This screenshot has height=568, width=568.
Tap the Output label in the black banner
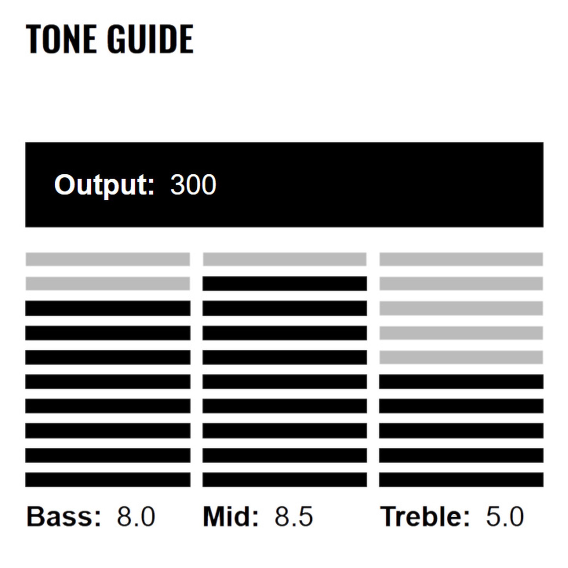[x=104, y=185]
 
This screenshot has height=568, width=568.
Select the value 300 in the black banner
[x=193, y=185]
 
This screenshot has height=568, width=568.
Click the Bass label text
[x=64, y=517]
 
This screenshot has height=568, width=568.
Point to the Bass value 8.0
[x=136, y=517]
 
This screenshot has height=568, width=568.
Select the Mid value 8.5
[x=294, y=517]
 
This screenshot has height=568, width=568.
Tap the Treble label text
[x=425, y=517]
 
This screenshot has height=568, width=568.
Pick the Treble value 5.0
[x=504, y=517]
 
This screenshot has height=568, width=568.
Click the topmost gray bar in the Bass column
[x=108, y=259]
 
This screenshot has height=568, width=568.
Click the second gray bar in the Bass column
[x=108, y=284]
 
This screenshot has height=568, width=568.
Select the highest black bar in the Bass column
[x=108, y=308]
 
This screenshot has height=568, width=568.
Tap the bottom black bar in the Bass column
[x=108, y=480]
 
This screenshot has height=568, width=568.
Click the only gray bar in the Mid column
[x=284, y=259]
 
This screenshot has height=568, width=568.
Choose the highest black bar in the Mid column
[x=284, y=284]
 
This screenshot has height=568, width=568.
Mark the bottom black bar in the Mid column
[x=284, y=480]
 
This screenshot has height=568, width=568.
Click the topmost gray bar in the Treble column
[x=461, y=259]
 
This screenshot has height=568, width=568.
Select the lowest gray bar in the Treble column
[x=461, y=357]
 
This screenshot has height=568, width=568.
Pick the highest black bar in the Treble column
[x=461, y=382]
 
